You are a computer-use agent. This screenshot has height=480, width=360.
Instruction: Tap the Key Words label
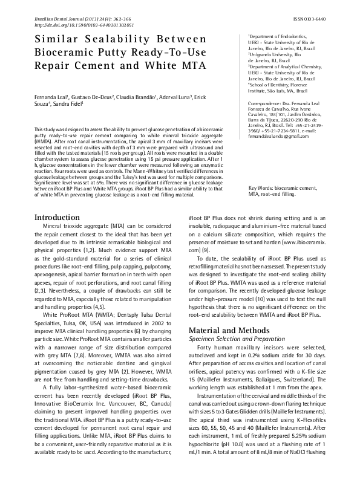[x=261, y=189]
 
